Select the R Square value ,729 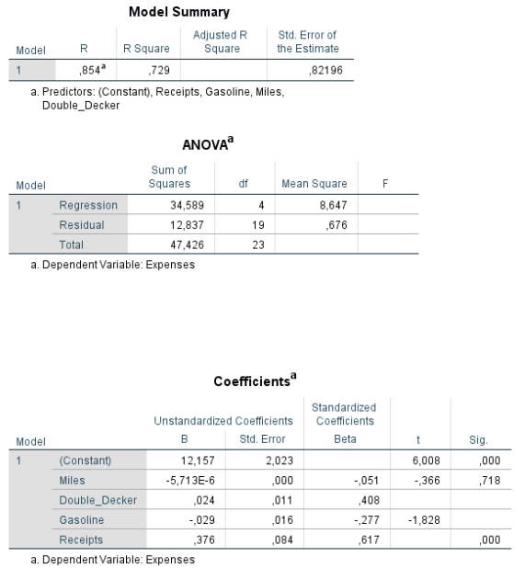tap(159, 69)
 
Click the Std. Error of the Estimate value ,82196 tap(319, 69)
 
